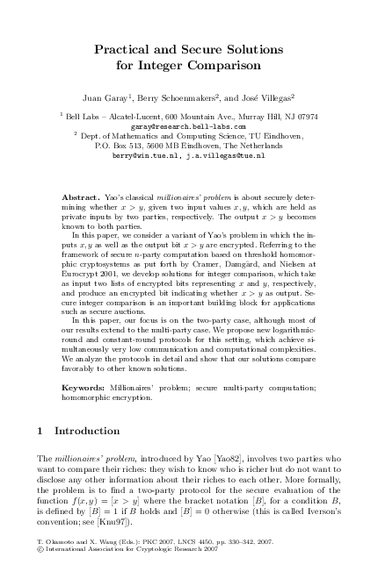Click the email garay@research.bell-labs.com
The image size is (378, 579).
pos(187,125)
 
